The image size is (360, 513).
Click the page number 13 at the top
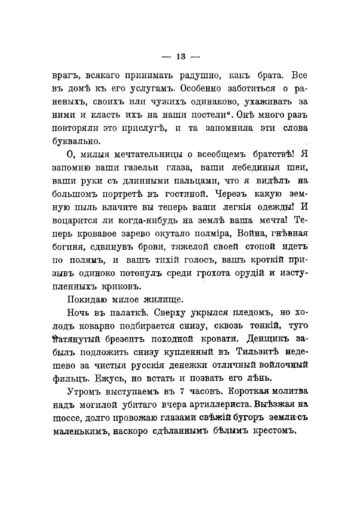pos(180,57)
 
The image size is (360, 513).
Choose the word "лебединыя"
pos(259,167)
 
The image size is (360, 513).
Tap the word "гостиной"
pos(185,194)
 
